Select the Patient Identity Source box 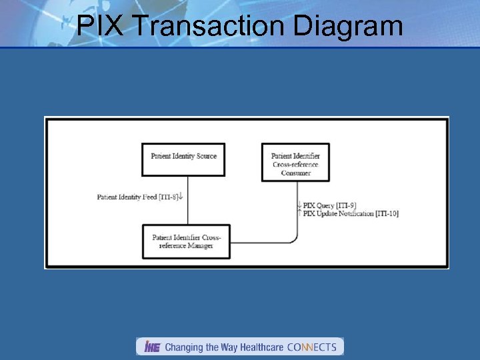(x=183, y=159)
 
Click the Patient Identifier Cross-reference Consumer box (x=295, y=162)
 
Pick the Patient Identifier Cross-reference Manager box (x=186, y=241)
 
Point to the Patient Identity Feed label (x=127, y=197)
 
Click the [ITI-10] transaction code (x=387, y=213)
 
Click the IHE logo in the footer (x=151, y=347)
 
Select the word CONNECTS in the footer (x=311, y=347)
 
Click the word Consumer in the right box (x=295, y=173)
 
